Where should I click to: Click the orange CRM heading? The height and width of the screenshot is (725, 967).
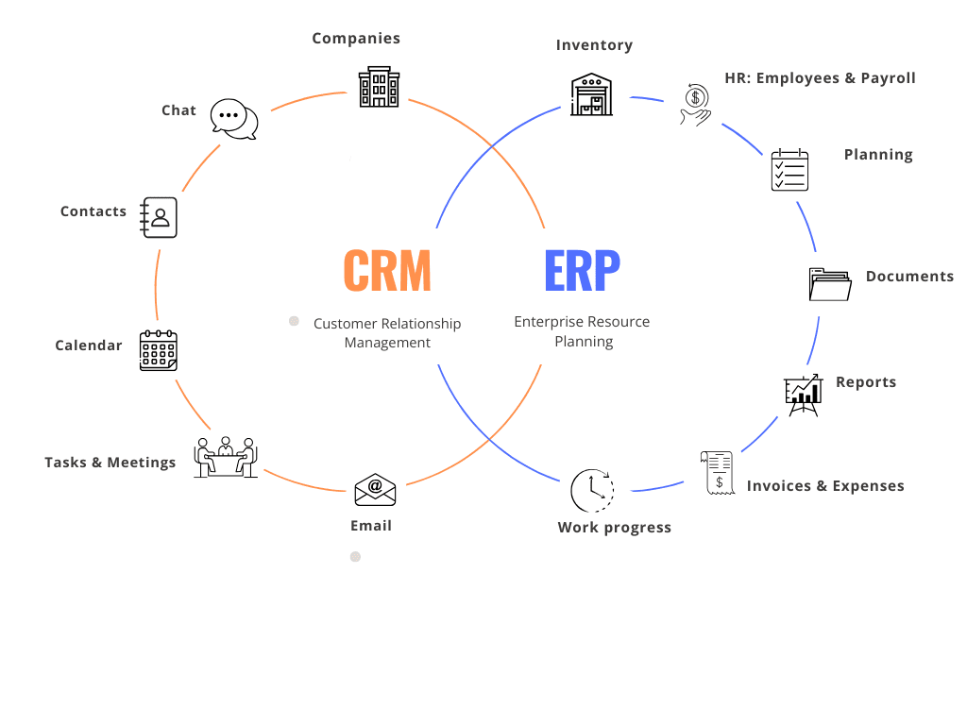(387, 270)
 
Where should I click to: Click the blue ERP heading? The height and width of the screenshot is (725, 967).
(582, 270)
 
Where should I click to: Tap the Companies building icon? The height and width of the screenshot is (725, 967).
(379, 87)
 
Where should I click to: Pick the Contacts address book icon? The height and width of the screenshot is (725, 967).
(159, 217)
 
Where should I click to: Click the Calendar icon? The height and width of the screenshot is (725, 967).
(159, 350)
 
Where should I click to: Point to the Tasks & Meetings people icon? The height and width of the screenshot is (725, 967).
(226, 457)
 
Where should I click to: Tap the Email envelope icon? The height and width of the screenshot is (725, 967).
(375, 489)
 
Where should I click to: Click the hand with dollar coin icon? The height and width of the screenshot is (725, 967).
(694, 103)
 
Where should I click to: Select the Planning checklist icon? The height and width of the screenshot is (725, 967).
(789, 170)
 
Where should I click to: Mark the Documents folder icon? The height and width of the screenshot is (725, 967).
(830, 283)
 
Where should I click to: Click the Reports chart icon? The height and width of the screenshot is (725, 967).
(803, 395)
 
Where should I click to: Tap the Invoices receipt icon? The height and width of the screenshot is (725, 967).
(718, 473)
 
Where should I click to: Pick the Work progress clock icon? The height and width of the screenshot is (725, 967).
(591, 490)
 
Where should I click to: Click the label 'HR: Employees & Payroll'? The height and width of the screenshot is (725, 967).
(820, 78)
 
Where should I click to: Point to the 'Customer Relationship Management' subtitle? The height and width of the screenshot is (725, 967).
(387, 333)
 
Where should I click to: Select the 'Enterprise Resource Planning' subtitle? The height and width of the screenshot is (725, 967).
(582, 331)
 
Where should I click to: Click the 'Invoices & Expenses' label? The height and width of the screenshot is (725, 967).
(825, 486)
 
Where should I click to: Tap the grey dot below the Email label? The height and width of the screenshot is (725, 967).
(355, 557)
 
